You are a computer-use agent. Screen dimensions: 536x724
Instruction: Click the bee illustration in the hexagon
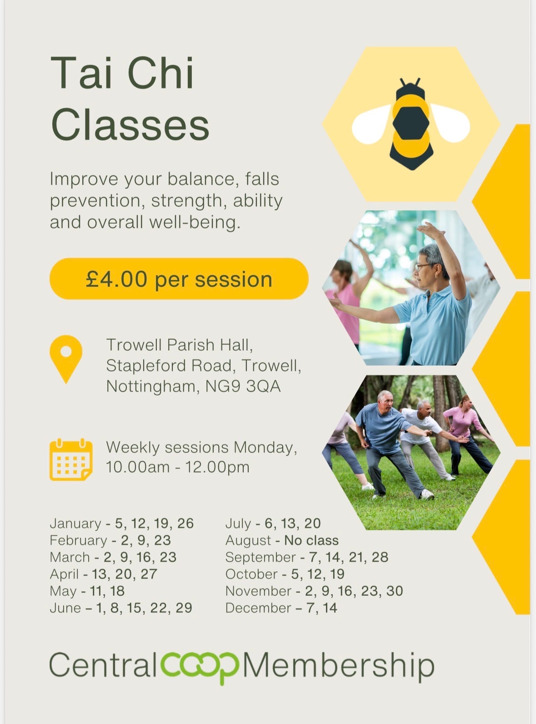(411, 124)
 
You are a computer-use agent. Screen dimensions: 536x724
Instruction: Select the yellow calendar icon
(71, 459)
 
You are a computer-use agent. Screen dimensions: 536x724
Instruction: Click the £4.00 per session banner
(179, 279)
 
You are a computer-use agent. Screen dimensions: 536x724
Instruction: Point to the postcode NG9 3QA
(243, 386)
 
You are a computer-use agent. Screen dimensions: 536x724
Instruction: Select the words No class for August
(311, 540)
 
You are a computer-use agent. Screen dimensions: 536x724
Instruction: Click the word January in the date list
(75, 523)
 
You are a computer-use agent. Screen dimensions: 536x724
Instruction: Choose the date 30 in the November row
(395, 591)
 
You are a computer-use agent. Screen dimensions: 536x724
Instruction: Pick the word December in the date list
(258, 608)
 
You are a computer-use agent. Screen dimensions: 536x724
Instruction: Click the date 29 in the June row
(184, 608)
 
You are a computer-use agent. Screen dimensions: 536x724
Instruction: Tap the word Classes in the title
(130, 125)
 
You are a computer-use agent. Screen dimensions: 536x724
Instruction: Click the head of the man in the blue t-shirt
(385, 401)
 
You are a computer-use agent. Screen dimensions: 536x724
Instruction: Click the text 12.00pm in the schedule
(217, 467)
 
